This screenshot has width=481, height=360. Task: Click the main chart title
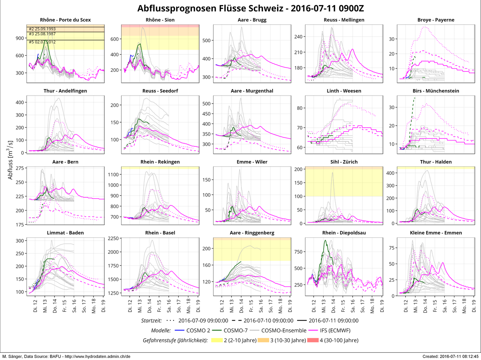251,8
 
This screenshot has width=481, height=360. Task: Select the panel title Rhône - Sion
160,20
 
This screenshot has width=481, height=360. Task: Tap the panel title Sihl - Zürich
344,162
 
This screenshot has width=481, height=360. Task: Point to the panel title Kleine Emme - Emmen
436,233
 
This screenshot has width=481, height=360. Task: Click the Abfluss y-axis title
10,160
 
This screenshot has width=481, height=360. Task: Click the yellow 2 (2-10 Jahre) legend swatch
217,340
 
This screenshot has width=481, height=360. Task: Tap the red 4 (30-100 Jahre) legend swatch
313,340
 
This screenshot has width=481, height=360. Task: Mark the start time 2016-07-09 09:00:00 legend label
203,321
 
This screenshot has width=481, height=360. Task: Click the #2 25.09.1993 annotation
42,29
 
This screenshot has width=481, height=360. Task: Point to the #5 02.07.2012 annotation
42,42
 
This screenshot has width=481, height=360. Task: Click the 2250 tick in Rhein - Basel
113,239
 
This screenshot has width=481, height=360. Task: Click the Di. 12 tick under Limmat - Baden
36,306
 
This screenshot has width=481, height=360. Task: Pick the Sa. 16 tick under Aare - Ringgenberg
261,306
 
